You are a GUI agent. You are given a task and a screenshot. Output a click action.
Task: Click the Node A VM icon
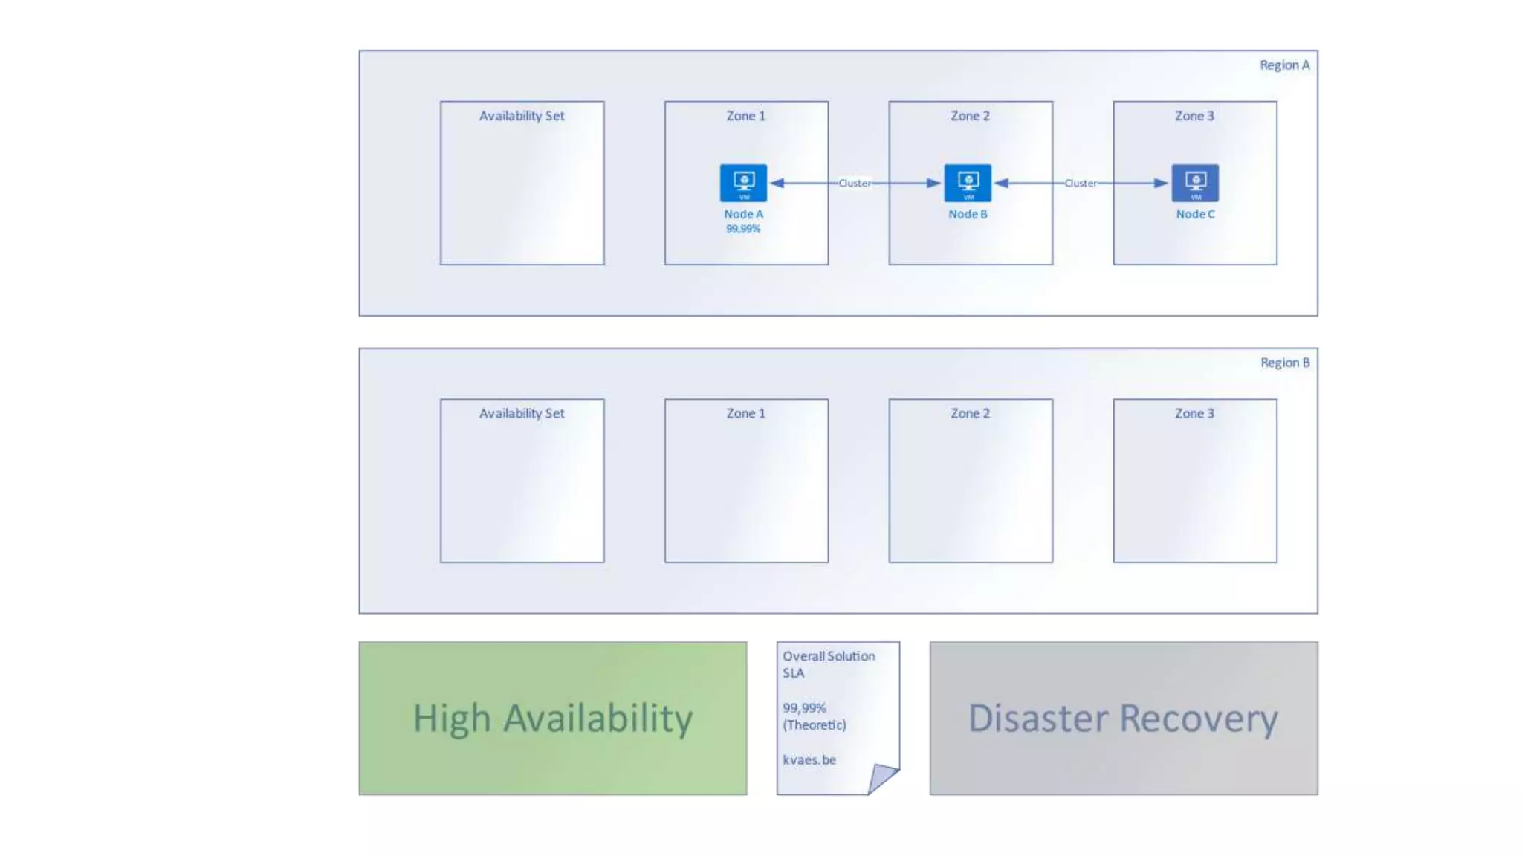click(x=743, y=183)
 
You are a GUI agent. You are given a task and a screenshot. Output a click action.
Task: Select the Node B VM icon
click(x=968, y=183)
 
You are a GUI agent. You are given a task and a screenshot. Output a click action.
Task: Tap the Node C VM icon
click(x=1195, y=183)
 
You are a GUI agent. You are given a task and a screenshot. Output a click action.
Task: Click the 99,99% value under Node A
click(x=743, y=229)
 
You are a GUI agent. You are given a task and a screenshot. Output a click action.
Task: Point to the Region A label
click(x=1284, y=65)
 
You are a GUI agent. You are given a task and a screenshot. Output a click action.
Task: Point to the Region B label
click(x=1284, y=363)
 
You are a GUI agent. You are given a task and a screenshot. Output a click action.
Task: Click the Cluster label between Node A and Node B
click(x=855, y=183)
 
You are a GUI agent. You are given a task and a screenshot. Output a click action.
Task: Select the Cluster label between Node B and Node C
click(x=1080, y=183)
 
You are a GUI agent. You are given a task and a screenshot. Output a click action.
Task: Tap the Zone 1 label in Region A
click(x=745, y=116)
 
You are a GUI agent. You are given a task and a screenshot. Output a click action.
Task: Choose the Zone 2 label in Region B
click(x=970, y=413)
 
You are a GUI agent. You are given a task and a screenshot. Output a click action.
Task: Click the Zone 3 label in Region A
click(x=1194, y=116)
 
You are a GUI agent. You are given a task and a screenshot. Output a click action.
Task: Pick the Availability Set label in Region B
click(x=522, y=413)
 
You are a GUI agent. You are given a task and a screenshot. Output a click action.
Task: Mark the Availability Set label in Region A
click(x=522, y=116)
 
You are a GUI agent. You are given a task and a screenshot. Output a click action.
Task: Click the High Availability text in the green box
click(x=553, y=719)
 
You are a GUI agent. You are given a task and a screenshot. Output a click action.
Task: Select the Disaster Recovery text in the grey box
click(x=1123, y=719)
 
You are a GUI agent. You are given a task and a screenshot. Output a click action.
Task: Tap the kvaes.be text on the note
click(x=809, y=759)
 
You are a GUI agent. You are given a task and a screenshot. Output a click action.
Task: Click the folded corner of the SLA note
click(x=882, y=777)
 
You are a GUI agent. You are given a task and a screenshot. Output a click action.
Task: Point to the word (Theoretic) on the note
click(x=815, y=724)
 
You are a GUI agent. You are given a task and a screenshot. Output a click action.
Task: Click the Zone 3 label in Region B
click(x=1194, y=413)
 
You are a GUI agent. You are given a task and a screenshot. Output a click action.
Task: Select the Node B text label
click(x=968, y=214)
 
